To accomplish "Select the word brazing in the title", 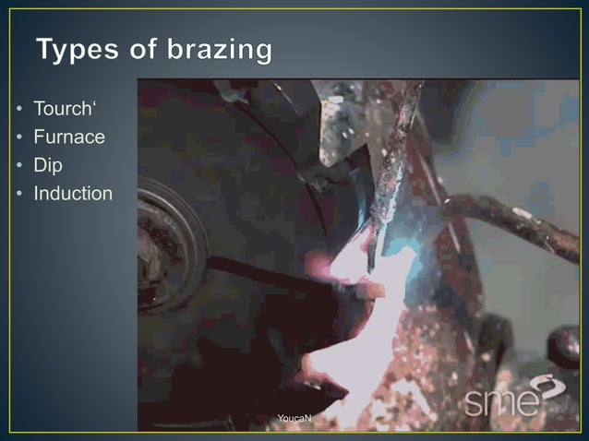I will tap(220, 51).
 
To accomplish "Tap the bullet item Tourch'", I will tap(64, 110).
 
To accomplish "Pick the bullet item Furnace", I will tap(69, 138).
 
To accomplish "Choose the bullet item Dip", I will tap(48, 167).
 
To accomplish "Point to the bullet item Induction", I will tap(73, 195).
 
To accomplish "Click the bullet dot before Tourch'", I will tap(18, 111).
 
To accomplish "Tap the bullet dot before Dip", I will tap(18, 167).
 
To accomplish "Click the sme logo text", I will tap(499, 403).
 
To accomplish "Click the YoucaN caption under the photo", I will tap(294, 420).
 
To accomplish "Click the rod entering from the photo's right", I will tap(517, 221).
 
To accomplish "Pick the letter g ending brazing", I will tap(262, 54).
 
